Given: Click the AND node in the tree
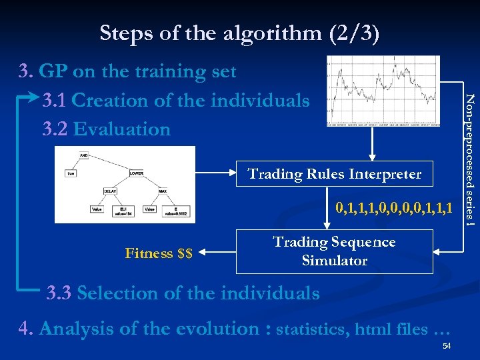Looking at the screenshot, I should [x=84, y=155].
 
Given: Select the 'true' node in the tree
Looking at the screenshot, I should [x=70, y=173].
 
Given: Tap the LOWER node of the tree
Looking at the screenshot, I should [x=137, y=173].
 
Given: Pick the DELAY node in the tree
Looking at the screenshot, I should [x=111, y=191].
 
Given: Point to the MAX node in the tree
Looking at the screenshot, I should [x=163, y=191].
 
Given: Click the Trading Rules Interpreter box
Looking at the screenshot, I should [x=335, y=174].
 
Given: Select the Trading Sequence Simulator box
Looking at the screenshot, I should [x=335, y=251].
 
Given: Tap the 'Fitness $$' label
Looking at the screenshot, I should [x=159, y=253].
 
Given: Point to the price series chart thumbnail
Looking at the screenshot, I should [x=383, y=91].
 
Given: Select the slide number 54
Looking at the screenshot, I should [x=447, y=345].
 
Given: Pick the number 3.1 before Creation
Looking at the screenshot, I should [x=55, y=100].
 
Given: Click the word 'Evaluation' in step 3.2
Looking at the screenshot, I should [x=122, y=129].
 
